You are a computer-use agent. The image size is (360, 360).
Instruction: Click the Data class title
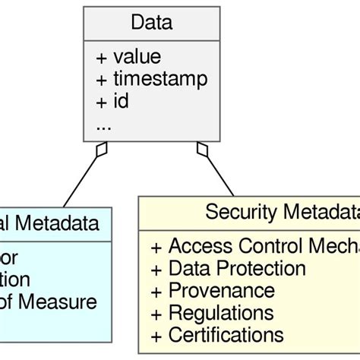coord(151,22)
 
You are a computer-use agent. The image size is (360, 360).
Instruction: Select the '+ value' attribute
coord(128,57)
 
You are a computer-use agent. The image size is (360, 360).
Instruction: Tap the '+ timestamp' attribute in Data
coord(151,79)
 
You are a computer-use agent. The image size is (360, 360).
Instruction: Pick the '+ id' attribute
coord(112,101)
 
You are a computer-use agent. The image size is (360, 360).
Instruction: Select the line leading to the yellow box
coord(219,175)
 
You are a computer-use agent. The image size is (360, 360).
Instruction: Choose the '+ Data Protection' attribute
coord(228,268)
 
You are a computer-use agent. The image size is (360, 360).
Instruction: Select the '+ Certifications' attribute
coord(217,334)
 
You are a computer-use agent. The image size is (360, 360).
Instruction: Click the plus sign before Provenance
coord(156,291)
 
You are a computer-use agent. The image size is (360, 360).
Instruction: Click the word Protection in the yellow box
coord(259,268)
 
